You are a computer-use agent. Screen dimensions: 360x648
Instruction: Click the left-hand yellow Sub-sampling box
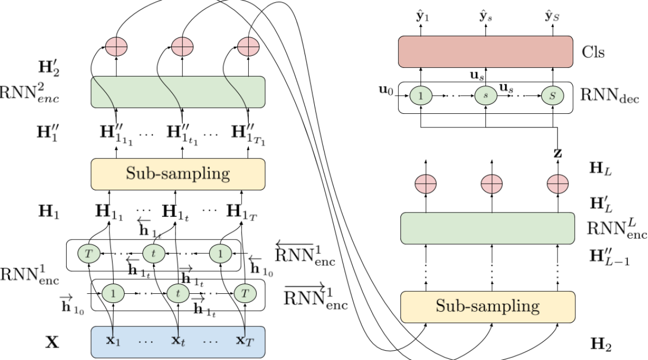178,174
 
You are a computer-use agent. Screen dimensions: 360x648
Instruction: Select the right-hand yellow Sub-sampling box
488,307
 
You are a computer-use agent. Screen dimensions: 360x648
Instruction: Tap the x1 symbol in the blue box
113,341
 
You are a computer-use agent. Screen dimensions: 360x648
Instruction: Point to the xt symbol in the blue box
178,341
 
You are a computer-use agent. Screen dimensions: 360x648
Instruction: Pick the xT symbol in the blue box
244,341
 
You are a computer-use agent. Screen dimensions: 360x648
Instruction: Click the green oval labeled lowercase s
485,96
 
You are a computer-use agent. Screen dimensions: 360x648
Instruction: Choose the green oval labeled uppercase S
552,96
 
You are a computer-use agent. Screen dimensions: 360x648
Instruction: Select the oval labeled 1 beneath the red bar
420,96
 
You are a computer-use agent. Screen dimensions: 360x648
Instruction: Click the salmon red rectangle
485,52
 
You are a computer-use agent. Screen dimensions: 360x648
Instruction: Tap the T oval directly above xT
245,294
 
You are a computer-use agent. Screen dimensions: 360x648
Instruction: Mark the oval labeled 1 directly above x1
113,294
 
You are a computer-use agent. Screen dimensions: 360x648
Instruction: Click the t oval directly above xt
178,294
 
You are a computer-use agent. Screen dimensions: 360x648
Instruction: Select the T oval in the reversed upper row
89,253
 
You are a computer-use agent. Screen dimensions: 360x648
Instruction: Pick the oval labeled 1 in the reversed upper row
221,253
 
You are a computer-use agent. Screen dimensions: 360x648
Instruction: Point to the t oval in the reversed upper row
154,253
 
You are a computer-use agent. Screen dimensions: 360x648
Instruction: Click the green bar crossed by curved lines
178,92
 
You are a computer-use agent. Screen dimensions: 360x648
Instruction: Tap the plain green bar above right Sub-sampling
488,228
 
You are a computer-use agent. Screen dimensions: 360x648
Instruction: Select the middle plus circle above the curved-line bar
183,47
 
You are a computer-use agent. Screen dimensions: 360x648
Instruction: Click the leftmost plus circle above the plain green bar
425,184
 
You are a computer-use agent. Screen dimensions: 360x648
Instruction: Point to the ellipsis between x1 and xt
146,342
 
